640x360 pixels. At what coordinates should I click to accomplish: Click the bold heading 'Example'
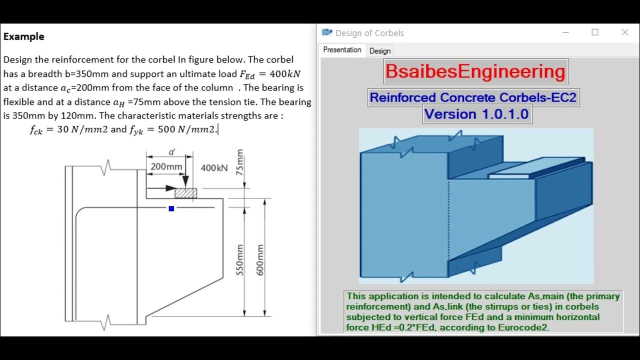click(x=23, y=36)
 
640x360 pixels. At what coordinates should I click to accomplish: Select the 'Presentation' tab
click(x=342, y=50)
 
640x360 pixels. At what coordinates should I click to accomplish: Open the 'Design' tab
click(x=380, y=51)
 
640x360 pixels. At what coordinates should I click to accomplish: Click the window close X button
click(x=624, y=32)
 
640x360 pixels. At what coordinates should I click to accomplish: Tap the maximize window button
click(x=595, y=32)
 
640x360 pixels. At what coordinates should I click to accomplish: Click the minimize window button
click(x=565, y=32)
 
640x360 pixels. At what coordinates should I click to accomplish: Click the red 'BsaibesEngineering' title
click(x=475, y=71)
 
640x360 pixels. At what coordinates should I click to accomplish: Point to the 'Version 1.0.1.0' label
click(x=476, y=114)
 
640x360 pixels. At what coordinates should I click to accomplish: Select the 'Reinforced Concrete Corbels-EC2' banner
click(x=473, y=97)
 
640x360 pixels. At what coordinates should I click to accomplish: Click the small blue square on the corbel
click(x=171, y=208)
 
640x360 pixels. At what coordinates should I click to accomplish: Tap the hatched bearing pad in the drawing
click(x=185, y=193)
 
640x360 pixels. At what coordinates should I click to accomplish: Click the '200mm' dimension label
click(x=166, y=166)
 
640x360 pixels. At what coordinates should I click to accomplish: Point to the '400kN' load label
click(x=214, y=168)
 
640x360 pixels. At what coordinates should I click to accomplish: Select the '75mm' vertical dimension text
click(x=240, y=161)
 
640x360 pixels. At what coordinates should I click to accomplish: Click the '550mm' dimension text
click(x=239, y=260)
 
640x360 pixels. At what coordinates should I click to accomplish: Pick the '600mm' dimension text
click(x=259, y=260)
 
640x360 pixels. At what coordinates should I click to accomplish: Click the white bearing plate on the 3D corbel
click(x=510, y=176)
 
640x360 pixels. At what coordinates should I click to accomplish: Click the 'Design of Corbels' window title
click(x=369, y=33)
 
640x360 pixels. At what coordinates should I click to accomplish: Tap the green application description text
click(x=483, y=311)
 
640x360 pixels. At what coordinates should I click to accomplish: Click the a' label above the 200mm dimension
click(x=171, y=152)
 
